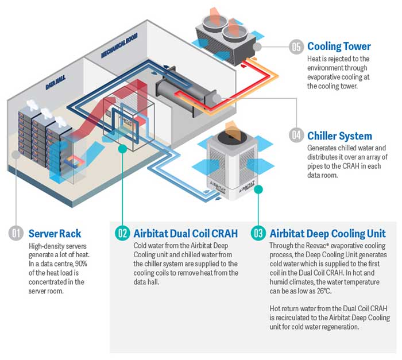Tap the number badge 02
coord(122,234)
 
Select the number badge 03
coord(258,234)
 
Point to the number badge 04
coord(296,136)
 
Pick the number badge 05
coord(296,47)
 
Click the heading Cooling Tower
coord(339,47)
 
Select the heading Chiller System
coord(339,136)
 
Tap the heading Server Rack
coord(55,234)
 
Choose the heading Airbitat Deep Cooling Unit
coord(327,234)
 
